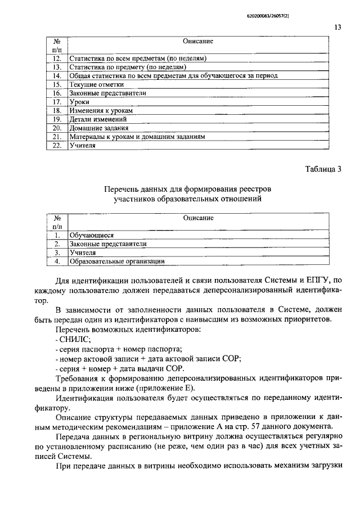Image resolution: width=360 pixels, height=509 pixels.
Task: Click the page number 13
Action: [337, 27]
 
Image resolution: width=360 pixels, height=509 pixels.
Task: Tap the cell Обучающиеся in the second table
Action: [92, 235]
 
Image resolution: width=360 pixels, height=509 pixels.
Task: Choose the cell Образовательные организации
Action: [117, 261]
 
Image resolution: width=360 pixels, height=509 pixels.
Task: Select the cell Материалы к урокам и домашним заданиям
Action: [137, 137]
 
